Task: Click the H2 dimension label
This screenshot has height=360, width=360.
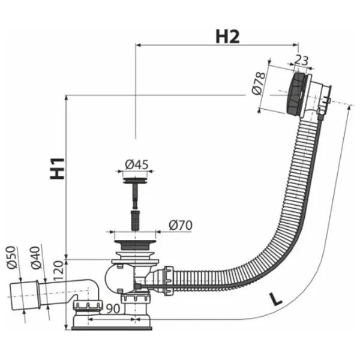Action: coord(227,37)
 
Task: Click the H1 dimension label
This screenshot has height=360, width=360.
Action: coord(57,168)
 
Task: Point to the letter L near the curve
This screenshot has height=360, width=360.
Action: coord(276,299)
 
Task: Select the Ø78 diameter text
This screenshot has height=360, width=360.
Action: coord(258,83)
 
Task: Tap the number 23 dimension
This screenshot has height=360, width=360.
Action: coord(301,61)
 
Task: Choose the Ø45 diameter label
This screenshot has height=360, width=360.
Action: coord(137,164)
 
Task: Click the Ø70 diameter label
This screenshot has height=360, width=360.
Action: coord(181,225)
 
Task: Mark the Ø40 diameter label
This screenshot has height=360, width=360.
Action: coord(35,257)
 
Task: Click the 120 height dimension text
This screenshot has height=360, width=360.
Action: coord(58,271)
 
